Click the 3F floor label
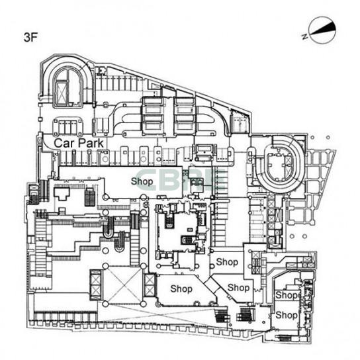tap(30, 38)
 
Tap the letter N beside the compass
tap(305, 36)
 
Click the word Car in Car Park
tap(64, 143)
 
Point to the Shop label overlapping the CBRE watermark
tap(142, 181)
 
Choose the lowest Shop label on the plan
tap(287, 315)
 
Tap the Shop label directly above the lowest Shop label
tap(287, 295)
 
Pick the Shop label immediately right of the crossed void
tap(181, 289)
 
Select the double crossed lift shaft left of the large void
tap(95, 285)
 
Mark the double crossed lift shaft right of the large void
tap(150, 285)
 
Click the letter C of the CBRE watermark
tap(148, 179)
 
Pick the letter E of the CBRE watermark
tap(215, 179)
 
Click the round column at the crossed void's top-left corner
tap(105, 266)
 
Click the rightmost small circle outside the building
tap(328, 138)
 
